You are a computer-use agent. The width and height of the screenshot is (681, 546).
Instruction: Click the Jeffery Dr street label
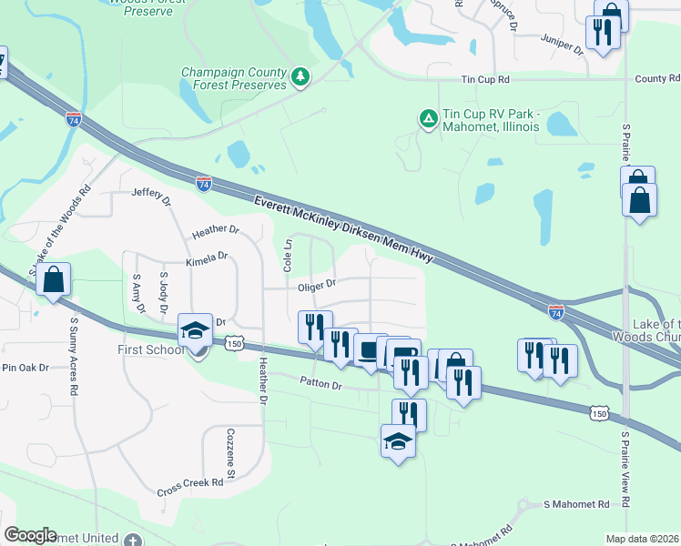pyautogui.click(x=152, y=194)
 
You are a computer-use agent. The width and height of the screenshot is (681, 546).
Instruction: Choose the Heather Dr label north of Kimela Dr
pyautogui.click(x=215, y=232)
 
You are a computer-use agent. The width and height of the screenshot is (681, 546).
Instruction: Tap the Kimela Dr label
pyautogui.click(x=207, y=259)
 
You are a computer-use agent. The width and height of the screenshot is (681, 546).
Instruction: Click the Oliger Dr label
pyautogui.click(x=317, y=285)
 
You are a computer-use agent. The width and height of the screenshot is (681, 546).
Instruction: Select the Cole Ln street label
pyautogui.click(x=288, y=257)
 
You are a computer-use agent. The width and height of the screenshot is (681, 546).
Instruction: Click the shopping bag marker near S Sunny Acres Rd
pyautogui.click(x=54, y=280)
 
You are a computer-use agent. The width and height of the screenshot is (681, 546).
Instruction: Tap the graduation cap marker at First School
pyautogui.click(x=195, y=331)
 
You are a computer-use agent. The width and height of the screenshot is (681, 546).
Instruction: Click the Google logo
pyautogui.click(x=31, y=535)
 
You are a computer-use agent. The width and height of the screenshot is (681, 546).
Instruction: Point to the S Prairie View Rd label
pyautogui.click(x=626, y=470)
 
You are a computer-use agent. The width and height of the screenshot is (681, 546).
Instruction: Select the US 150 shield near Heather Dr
pyautogui.click(x=235, y=343)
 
